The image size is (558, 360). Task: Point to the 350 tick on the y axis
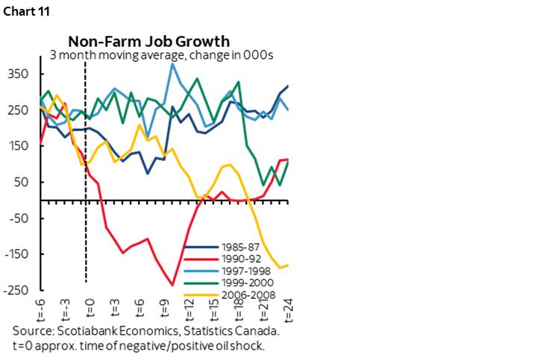pyautogui.click(x=19, y=74)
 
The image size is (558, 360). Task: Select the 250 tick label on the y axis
pyautogui.click(x=19, y=110)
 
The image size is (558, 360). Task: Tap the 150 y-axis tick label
pyautogui.click(x=19, y=146)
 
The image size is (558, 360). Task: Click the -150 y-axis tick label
pyautogui.click(x=16, y=254)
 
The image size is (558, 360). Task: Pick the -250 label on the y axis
pyautogui.click(x=16, y=290)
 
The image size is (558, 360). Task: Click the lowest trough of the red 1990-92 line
pyautogui.click(x=172, y=285)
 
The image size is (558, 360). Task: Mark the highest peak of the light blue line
pyautogui.click(x=172, y=64)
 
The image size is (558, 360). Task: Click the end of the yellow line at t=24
pyautogui.click(x=288, y=265)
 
